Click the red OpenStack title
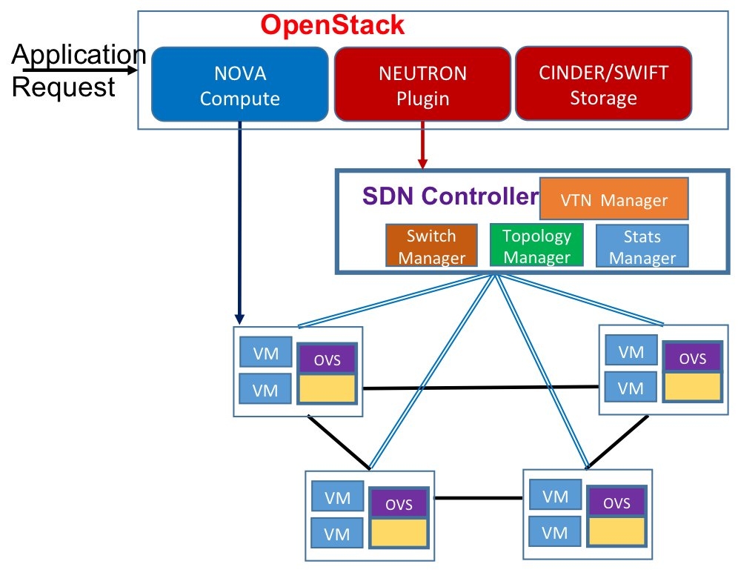click(x=333, y=24)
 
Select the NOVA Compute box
click(x=239, y=85)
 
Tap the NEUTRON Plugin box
click(x=422, y=85)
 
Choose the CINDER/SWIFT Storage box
click(x=603, y=84)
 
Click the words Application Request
click(x=74, y=70)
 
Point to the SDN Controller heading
click(x=449, y=196)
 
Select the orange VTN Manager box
click(x=614, y=199)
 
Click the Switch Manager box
click(x=430, y=246)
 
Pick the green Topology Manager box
click(x=536, y=246)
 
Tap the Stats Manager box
click(x=642, y=247)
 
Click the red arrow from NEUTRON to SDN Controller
click(x=422, y=145)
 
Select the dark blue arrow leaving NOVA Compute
click(x=240, y=222)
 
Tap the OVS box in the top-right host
click(x=692, y=358)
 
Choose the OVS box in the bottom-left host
click(x=399, y=504)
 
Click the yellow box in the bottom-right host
click(x=616, y=531)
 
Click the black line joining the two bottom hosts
click(x=479, y=497)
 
